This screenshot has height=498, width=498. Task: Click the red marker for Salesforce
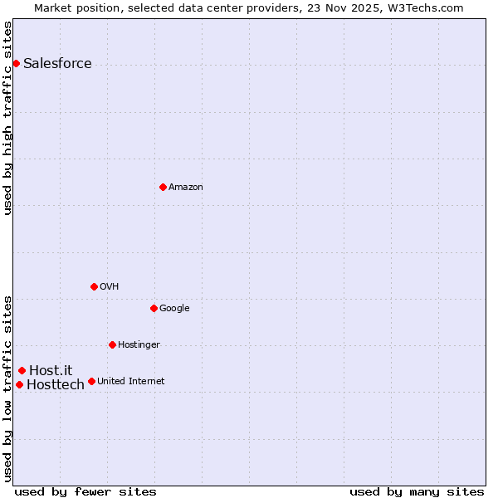[x=16, y=63]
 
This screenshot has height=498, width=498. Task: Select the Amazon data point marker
[x=163, y=187]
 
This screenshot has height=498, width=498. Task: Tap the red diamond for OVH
[x=94, y=286]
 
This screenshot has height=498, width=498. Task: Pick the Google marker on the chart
[x=154, y=308]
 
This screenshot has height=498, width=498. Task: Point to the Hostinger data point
[x=112, y=344]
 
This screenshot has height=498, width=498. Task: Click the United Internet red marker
[x=91, y=381]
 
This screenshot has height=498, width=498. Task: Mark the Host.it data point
[x=22, y=370]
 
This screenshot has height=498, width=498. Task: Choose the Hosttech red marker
[x=19, y=384]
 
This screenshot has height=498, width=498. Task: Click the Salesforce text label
[x=57, y=64]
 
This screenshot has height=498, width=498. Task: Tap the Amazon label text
[x=185, y=188]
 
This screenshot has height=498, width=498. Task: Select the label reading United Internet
[x=130, y=382]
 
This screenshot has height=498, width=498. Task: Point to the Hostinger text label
[x=139, y=345]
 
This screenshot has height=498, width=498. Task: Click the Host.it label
[x=51, y=370]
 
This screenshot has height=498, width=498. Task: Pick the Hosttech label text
[x=56, y=385]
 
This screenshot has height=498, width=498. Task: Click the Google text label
[x=174, y=309]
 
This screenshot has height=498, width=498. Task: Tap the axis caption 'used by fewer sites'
[x=85, y=491]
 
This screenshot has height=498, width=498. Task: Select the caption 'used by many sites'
[x=417, y=491]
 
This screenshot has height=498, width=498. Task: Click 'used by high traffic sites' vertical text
[x=7, y=118]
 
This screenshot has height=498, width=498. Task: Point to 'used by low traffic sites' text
[x=7, y=388]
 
